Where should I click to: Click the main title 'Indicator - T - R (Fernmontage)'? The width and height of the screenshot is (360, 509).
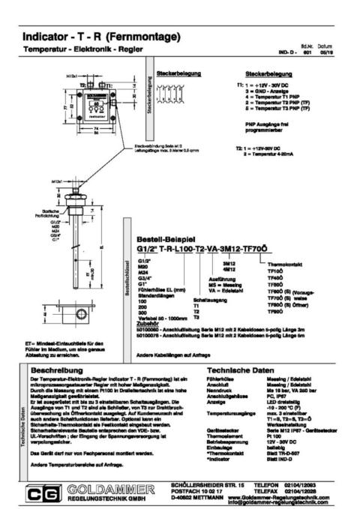click(102, 37)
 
